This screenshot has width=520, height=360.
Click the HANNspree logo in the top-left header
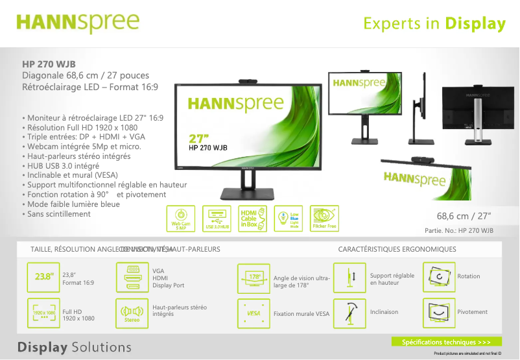click(x=77, y=22)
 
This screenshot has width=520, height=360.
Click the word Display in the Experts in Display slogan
click(x=475, y=24)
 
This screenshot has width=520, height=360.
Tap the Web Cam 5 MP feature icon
click(x=181, y=219)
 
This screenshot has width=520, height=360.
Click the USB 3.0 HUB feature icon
click(x=217, y=219)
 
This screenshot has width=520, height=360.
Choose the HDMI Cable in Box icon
click(x=253, y=219)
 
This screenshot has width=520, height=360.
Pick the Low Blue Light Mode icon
click(x=289, y=219)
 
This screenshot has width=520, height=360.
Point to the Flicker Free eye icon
click(x=324, y=219)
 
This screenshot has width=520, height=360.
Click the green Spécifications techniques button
click(x=446, y=342)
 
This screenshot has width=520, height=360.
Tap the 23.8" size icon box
click(x=43, y=277)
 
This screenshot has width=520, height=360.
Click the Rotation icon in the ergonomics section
click(x=438, y=277)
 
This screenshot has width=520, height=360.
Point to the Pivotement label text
click(x=472, y=312)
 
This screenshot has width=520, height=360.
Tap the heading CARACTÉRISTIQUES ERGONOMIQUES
click(x=397, y=249)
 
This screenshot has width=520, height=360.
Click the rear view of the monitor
click(x=478, y=114)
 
